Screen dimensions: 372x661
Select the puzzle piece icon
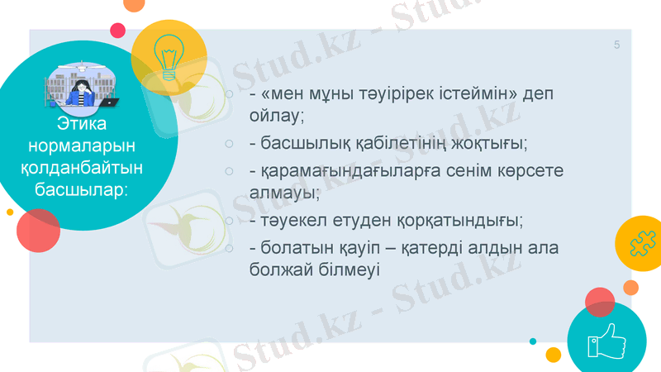point(641,244)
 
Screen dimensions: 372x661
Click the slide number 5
point(616,45)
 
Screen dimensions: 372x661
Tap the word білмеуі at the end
point(346,270)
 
